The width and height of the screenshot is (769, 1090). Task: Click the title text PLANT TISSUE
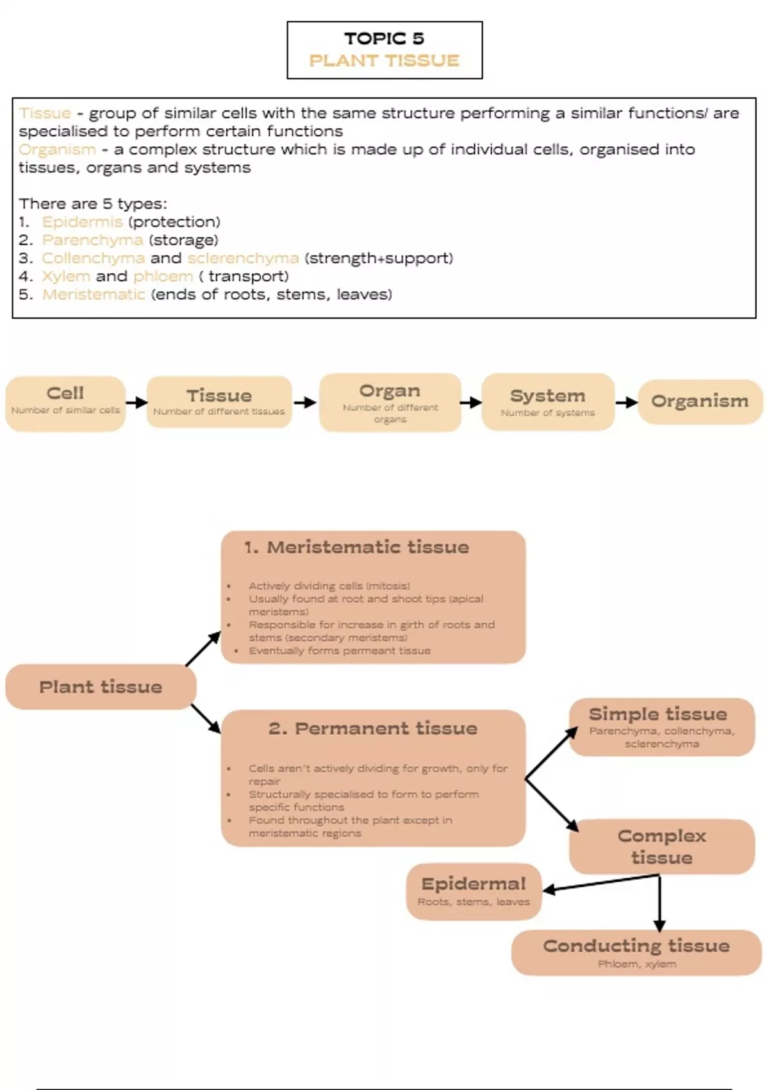click(384, 61)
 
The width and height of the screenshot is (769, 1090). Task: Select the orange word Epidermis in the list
click(82, 222)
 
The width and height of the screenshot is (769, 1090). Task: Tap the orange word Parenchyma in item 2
click(92, 240)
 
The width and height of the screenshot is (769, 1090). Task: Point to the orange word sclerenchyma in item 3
click(243, 258)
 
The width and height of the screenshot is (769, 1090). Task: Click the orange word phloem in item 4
click(163, 276)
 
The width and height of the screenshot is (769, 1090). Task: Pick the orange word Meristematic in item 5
click(94, 294)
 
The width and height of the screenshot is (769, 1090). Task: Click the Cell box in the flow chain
click(65, 403)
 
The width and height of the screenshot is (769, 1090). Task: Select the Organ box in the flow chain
click(390, 402)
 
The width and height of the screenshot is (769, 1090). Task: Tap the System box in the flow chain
click(548, 402)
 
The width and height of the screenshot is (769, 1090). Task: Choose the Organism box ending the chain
click(700, 401)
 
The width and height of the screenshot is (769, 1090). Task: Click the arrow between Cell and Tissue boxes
click(136, 403)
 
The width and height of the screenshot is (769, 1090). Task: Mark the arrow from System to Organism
click(626, 402)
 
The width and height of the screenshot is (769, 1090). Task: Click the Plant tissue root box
click(101, 687)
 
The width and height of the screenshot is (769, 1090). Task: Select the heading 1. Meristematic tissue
click(356, 548)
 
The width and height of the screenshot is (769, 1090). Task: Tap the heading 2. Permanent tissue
click(373, 728)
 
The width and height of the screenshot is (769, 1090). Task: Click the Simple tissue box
click(661, 726)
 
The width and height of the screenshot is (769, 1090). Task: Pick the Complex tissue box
click(661, 846)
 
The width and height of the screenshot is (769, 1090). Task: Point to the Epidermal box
click(474, 891)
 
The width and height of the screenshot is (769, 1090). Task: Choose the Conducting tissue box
click(636, 952)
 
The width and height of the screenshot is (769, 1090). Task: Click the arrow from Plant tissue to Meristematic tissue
click(203, 648)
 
